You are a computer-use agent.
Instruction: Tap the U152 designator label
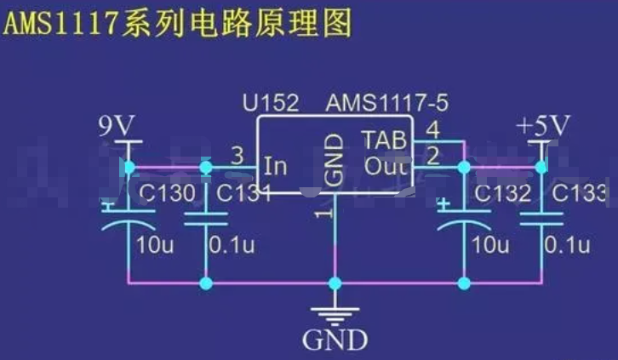point(270,104)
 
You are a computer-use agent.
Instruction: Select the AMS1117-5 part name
point(386,104)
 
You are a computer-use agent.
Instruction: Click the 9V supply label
point(117,127)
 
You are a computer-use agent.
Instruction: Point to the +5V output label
point(542,127)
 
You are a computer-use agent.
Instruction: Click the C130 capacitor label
point(166,194)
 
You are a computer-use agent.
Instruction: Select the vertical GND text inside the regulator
point(335,159)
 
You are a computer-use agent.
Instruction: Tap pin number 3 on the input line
point(237,156)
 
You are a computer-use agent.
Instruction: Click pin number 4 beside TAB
point(432,131)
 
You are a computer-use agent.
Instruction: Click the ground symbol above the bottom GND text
point(335,311)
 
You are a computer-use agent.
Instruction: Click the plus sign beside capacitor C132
point(443,203)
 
